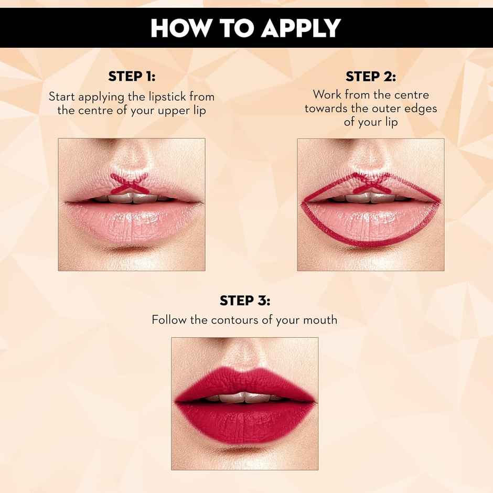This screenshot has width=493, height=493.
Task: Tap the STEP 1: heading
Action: (132, 77)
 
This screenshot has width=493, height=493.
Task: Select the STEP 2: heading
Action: (371, 77)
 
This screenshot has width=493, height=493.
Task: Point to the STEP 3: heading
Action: (245, 301)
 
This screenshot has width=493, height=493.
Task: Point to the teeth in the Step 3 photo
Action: (244, 398)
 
